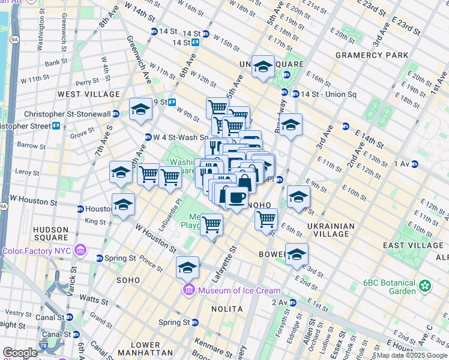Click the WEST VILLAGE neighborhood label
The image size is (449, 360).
(89, 95)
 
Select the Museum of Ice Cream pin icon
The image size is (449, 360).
(188, 291)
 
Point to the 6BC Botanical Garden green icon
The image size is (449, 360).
(425, 286)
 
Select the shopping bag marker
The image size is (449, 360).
(245, 181)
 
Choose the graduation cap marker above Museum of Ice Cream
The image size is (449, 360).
(188, 266)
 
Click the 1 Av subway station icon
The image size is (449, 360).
(414, 164)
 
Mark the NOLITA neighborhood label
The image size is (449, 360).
(227, 309)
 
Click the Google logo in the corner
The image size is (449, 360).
(20, 353)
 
